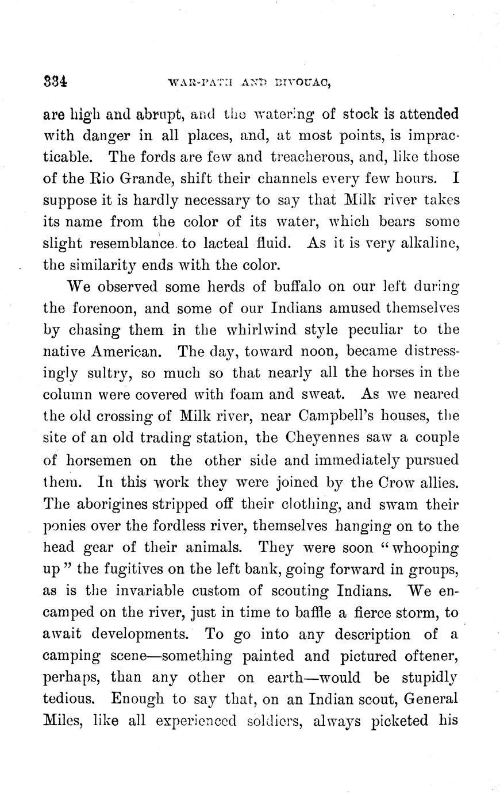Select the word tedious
[x=68, y=699]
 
